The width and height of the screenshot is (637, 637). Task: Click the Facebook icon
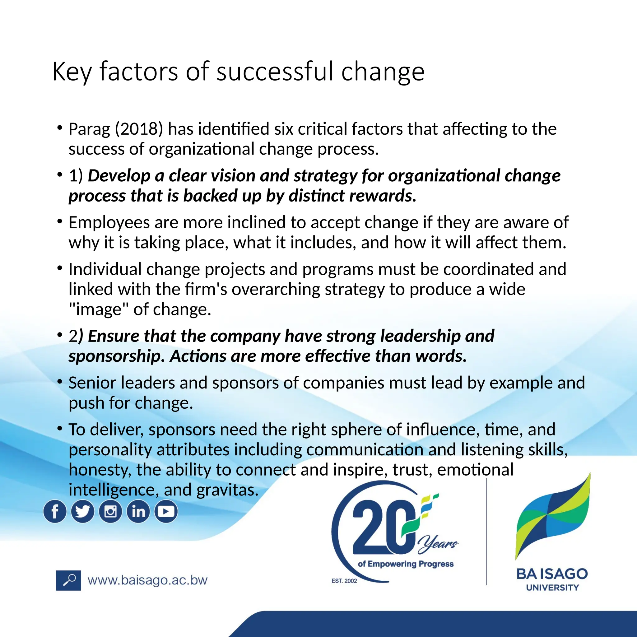55,511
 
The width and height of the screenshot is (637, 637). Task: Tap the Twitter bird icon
82,511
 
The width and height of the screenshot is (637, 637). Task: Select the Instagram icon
110,511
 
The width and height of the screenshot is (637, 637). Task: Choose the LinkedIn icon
138,511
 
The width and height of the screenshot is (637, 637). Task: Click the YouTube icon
166,511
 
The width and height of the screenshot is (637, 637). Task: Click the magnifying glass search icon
68,580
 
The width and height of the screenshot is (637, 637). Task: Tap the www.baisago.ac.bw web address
147,580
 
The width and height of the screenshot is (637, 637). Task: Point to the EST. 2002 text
344,581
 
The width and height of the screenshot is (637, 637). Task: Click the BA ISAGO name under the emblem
552,574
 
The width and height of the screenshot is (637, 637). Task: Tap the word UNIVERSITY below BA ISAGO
552,588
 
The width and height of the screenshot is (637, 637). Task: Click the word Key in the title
72,72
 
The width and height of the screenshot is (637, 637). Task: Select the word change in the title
383,72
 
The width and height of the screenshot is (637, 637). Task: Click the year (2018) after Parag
139,129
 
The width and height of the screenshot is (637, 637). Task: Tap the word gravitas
227,490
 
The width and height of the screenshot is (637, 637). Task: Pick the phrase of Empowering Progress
406,564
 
